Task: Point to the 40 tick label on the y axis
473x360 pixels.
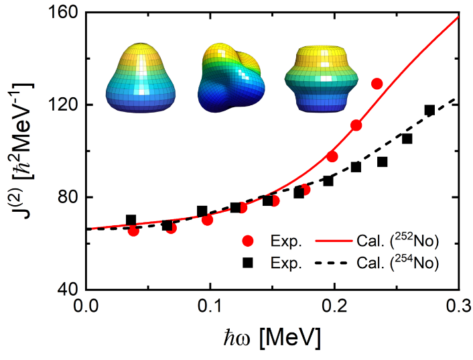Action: pos(68,290)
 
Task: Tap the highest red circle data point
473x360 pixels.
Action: pos(377,84)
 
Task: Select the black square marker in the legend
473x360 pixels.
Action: pos(249,263)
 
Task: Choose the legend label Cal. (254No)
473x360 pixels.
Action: pos(403,263)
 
